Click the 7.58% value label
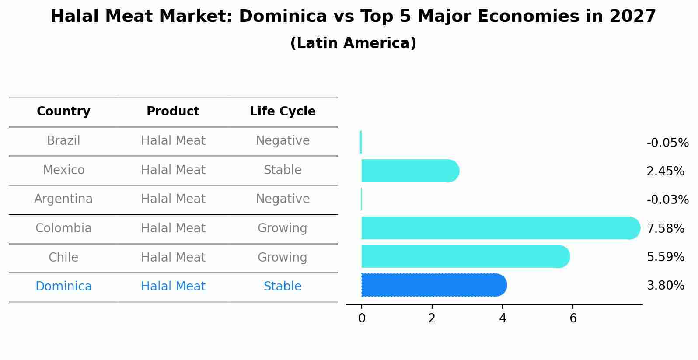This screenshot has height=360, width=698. point(665,228)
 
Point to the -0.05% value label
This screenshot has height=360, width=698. point(667,143)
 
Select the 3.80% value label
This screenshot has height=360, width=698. point(665,286)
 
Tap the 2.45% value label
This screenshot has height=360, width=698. point(665,171)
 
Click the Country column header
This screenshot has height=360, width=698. point(63,112)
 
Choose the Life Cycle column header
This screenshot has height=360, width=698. point(283,112)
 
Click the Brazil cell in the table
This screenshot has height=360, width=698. point(63,141)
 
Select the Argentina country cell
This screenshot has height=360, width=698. point(63,199)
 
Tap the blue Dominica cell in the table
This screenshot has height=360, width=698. point(63,287)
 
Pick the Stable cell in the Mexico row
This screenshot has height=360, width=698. point(283,170)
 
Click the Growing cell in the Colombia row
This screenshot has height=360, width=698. point(283,228)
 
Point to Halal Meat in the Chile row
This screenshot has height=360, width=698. point(173,258)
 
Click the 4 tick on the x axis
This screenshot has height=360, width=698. point(503,318)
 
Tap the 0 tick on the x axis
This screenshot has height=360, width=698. point(362,318)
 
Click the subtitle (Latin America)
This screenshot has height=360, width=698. point(353,43)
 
